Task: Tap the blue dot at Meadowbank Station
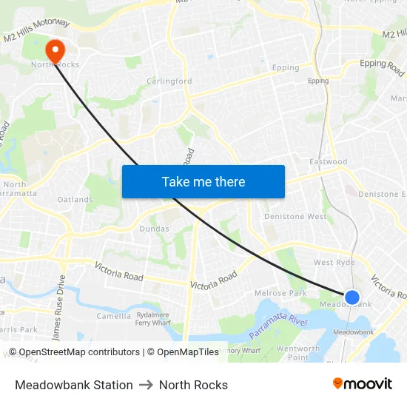tap(352, 297)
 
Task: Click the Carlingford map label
tap(169, 81)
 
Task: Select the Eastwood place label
tap(329, 162)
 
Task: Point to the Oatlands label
tap(75, 200)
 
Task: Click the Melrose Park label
tap(280, 294)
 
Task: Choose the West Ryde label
tap(334, 263)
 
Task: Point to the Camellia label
tap(113, 316)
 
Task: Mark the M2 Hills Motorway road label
tap(36, 31)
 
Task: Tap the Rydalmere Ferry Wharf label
tap(153, 318)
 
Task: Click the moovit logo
tap(362, 384)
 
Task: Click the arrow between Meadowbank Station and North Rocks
tap(146, 385)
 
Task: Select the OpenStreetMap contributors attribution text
tap(74, 352)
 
